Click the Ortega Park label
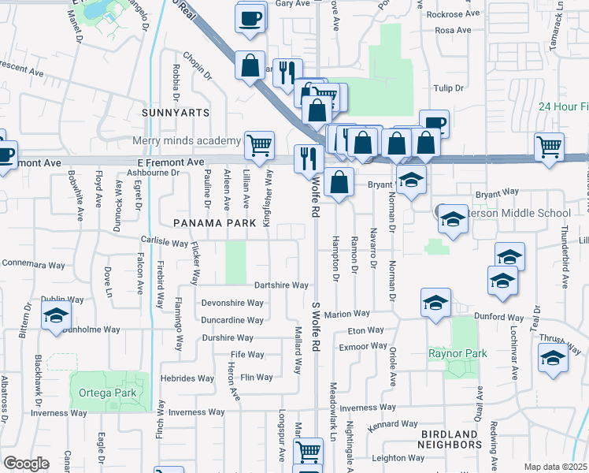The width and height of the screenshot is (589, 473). coord(102,393)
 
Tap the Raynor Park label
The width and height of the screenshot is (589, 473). coord(454,354)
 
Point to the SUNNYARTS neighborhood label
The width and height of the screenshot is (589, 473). coord(176,113)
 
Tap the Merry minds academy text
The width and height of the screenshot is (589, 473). coord(187,141)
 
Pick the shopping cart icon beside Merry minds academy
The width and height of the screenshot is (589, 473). coord(259,144)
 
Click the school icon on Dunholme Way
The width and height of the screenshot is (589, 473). coord(56,316)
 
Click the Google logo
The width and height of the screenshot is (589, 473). coord(25,464)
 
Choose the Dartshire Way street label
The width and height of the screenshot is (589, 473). coord(281,285)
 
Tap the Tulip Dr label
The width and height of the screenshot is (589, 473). coord(446,88)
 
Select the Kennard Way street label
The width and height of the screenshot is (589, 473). coord(392,425)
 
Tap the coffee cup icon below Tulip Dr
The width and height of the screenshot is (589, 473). coord(434,124)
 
